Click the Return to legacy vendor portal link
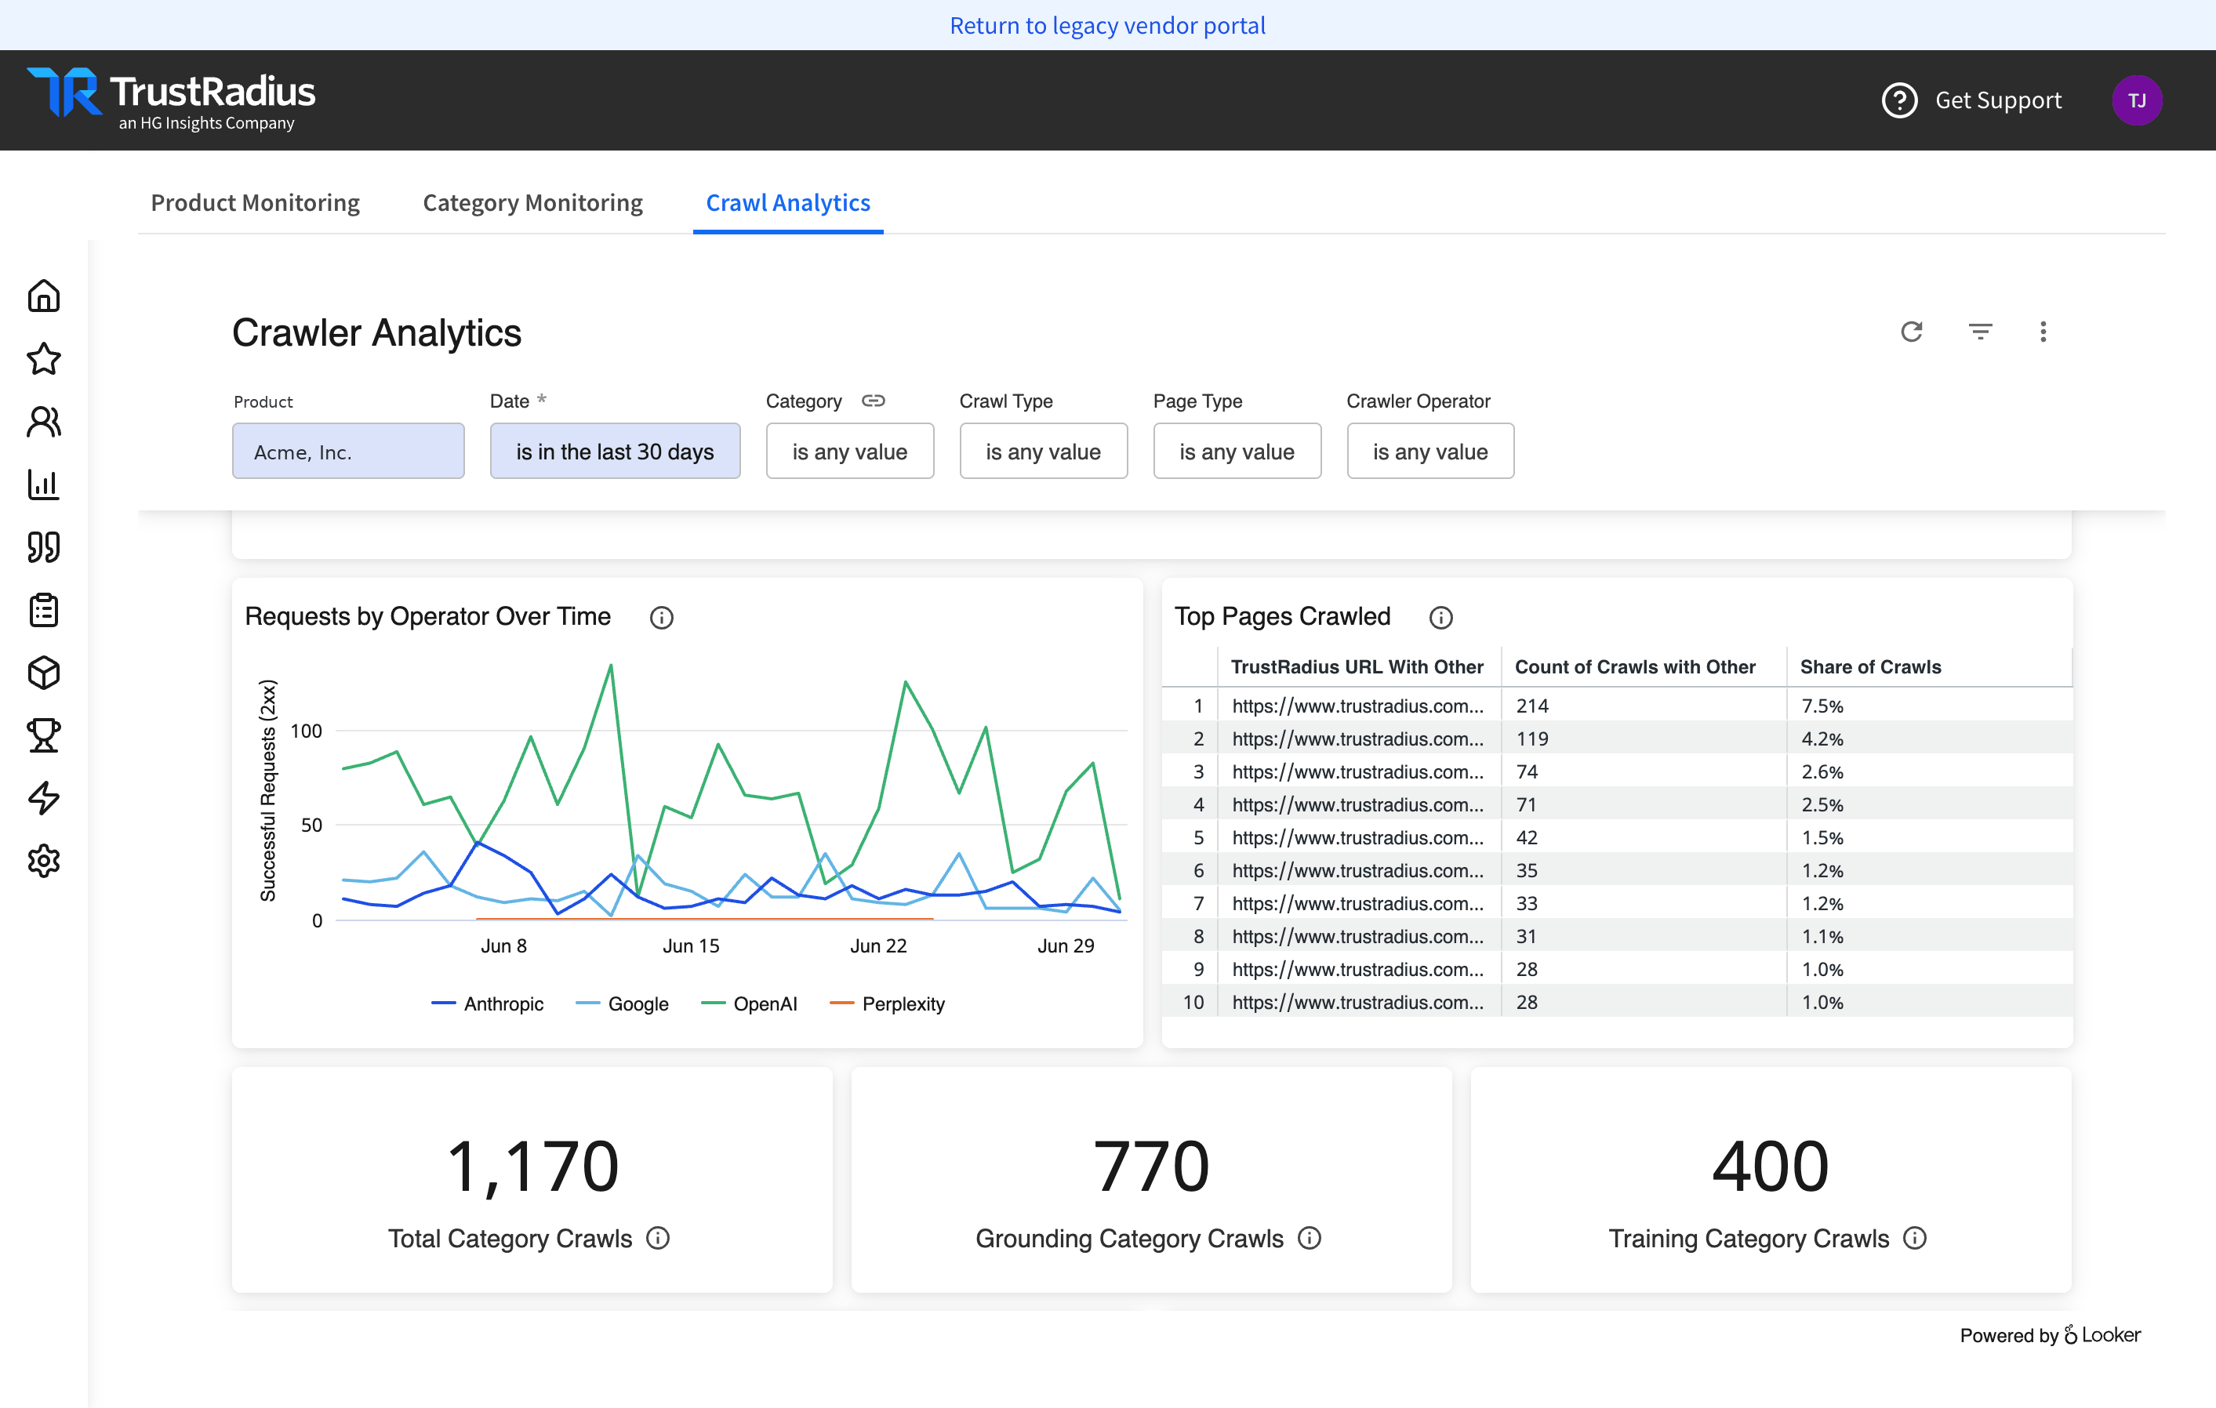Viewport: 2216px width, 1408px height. pos(1107,25)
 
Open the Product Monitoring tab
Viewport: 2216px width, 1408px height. pos(255,202)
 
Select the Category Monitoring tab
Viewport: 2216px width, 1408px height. pos(533,202)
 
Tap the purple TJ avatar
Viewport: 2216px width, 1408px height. pos(2137,100)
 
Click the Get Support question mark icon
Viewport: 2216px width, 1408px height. pos(1899,100)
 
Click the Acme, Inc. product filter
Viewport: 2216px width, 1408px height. pos(348,451)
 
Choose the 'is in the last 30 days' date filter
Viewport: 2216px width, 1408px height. pos(615,451)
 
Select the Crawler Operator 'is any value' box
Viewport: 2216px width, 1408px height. pos(1430,451)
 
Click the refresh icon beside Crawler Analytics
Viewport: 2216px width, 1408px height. pos(1912,332)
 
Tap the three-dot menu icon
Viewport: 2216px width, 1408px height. pos(2043,332)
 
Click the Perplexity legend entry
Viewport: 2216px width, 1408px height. pos(887,1003)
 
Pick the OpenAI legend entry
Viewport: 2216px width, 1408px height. pos(749,1003)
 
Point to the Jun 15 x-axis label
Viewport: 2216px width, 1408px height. pos(691,946)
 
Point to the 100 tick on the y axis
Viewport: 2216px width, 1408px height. pos(307,731)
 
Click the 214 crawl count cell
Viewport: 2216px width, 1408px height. pos(1532,706)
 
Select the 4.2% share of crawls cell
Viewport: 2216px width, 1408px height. pos(1822,739)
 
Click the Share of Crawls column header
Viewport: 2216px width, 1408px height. pos(1870,667)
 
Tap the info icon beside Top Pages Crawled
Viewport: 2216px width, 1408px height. pos(1441,618)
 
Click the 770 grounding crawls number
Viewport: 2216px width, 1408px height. pos(1151,1166)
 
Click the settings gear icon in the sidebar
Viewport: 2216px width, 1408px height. pos(43,861)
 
